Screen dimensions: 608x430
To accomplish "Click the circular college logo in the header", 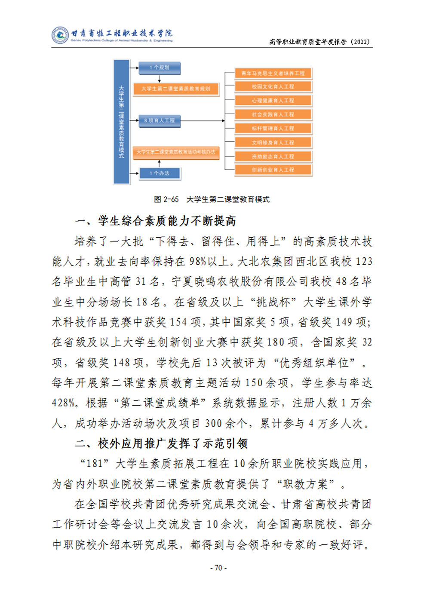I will coord(60,35).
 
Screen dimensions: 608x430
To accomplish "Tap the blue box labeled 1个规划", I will coord(159,67).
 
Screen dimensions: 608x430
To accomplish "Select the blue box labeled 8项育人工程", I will coord(159,121).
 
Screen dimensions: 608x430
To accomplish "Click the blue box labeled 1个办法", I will coord(159,173).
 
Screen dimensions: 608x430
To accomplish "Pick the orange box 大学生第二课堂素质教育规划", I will coord(176,89).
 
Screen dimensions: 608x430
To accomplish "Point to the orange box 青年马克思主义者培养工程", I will coord(273,73).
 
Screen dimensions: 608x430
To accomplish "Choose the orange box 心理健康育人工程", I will coord(273,101).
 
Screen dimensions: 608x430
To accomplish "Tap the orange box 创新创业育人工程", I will coord(273,170).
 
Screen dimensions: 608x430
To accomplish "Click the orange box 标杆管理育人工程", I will coord(273,128).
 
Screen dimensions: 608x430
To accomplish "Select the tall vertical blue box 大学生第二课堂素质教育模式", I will coord(121,122).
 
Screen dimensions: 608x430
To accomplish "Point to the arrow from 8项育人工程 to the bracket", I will coord(202,121).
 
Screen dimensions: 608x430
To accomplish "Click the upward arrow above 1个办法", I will coord(160,163).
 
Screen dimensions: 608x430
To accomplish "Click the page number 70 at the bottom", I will coord(218,568).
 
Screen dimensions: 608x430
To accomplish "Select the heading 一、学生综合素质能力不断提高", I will coord(156,221).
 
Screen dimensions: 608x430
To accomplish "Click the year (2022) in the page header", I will coord(360,42).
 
